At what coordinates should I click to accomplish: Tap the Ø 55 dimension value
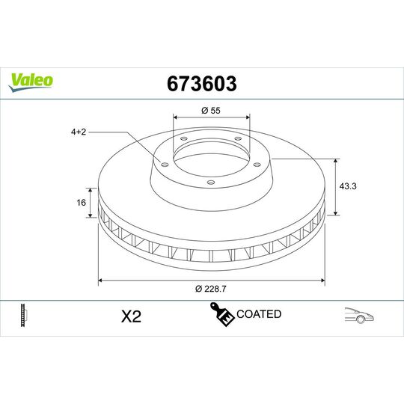[x=211, y=111]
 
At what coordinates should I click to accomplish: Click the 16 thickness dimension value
[x=82, y=202]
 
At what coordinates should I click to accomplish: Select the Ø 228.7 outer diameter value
[x=212, y=290]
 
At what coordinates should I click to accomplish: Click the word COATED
[x=258, y=314]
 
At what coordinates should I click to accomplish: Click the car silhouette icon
[x=360, y=315]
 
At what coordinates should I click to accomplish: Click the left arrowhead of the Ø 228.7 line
[x=101, y=281]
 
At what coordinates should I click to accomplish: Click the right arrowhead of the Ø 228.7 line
[x=322, y=281]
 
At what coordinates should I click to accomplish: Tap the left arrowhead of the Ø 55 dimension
[x=176, y=118]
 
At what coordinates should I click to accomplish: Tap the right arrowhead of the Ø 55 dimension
[x=247, y=118]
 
